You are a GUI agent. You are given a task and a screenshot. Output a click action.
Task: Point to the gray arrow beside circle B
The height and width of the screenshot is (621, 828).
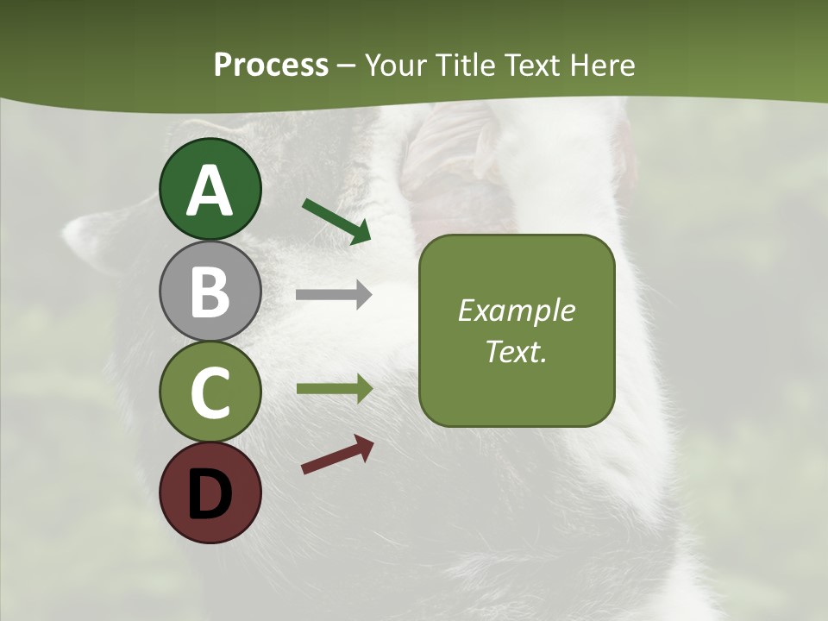point(334,295)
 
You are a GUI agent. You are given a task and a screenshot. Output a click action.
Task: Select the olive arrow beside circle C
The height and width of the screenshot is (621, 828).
point(335,389)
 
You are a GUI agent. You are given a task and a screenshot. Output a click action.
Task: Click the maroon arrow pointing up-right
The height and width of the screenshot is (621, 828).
point(337,455)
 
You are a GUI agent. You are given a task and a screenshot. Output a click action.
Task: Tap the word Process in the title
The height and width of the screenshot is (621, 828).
point(271,65)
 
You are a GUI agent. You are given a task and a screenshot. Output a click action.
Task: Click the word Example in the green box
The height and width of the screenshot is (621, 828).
point(516,310)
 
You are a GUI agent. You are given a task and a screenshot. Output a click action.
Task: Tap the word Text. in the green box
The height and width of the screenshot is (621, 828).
point(516,351)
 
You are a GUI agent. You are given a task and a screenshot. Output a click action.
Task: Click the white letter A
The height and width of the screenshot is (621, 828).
point(210,191)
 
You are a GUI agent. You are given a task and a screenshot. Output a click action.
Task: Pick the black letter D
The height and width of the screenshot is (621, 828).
point(210,494)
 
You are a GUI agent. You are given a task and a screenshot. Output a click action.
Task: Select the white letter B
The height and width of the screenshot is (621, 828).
point(210,292)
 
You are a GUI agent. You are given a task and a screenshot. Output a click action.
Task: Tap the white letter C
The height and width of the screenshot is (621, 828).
point(210,392)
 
